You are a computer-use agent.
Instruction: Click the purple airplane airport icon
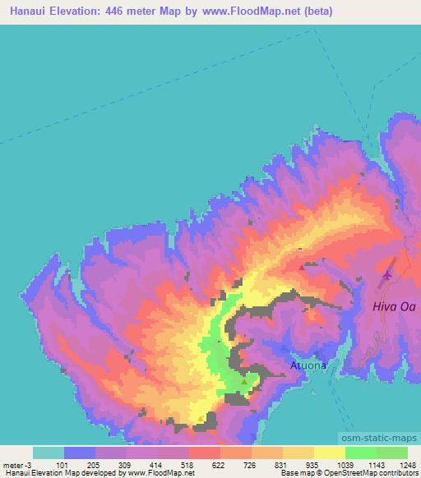[x=387, y=276]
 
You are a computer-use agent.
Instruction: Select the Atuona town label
[x=309, y=365]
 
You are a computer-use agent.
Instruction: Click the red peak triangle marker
[x=303, y=266]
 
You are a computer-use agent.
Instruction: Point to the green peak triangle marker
[x=244, y=381]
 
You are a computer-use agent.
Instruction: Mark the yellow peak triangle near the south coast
[x=201, y=418]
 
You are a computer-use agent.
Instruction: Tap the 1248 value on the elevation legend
[x=408, y=464]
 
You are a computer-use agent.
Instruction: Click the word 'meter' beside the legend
[x=12, y=464]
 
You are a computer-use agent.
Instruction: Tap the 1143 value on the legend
[x=377, y=464]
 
